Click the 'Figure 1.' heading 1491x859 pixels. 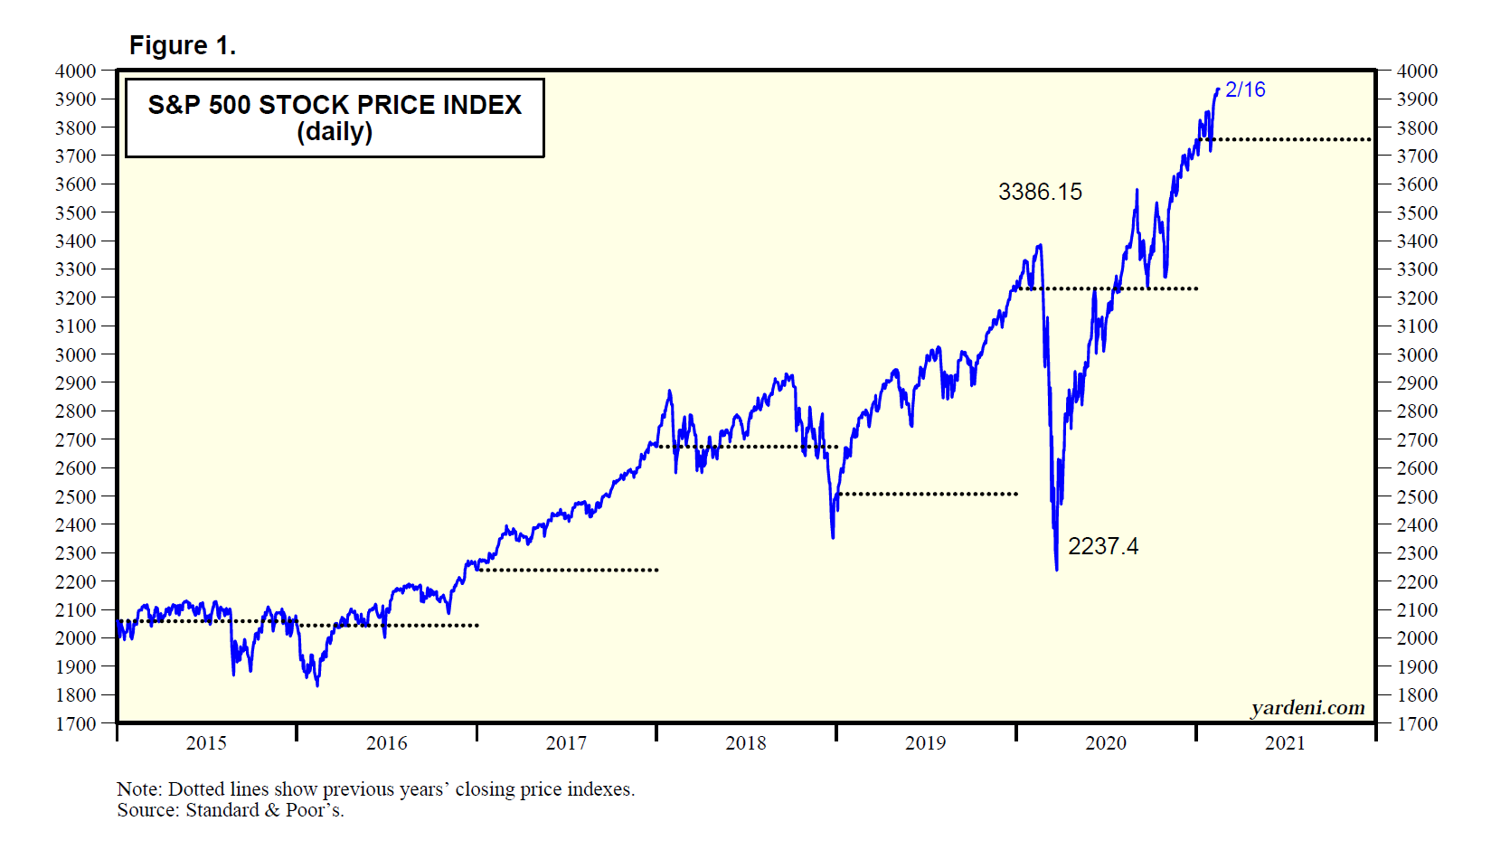(182, 45)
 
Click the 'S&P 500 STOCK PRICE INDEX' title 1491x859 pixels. (335, 105)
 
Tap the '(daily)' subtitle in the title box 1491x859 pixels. (335, 132)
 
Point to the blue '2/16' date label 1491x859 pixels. (1245, 90)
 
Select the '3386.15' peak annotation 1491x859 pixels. (1040, 192)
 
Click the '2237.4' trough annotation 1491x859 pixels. (1103, 546)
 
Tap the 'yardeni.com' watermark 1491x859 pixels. (1307, 708)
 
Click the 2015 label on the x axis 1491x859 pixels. (206, 743)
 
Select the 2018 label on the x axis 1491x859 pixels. (746, 743)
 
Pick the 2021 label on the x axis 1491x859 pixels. (1285, 743)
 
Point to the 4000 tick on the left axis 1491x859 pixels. (75, 71)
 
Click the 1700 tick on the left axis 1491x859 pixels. (75, 723)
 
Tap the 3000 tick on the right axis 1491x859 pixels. (1417, 354)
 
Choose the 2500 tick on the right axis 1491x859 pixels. (1417, 496)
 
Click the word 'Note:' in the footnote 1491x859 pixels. (139, 789)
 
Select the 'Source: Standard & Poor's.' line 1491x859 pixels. (231, 810)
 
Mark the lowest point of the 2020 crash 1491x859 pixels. (1056, 569)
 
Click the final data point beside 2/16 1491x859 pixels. (1218, 89)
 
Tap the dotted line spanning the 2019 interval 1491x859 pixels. (927, 494)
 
